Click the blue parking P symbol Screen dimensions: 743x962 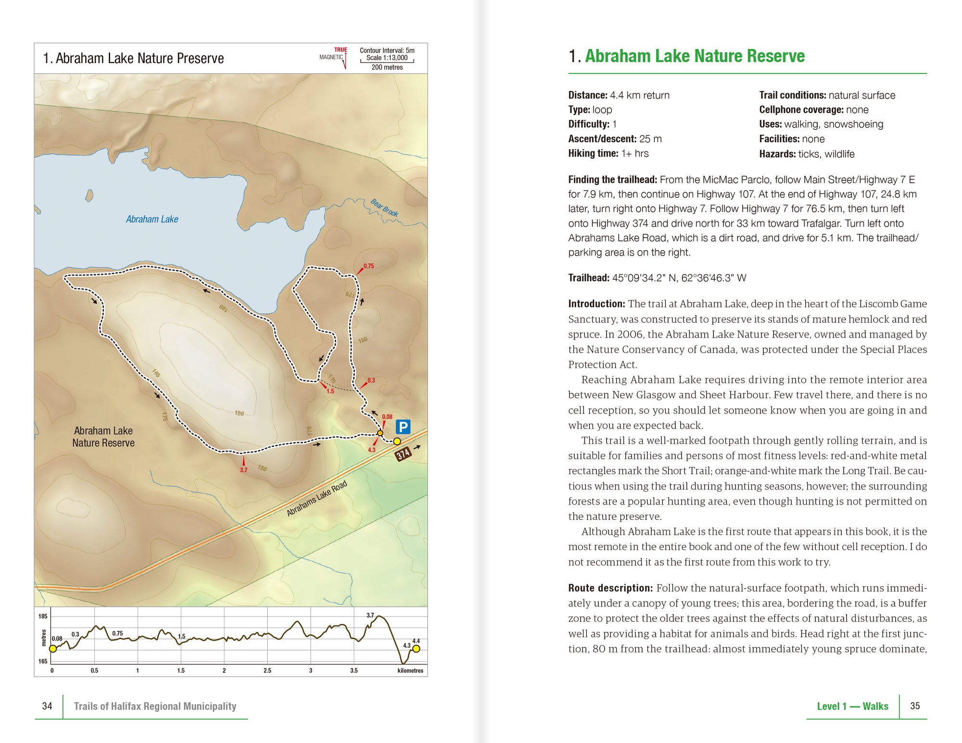403,427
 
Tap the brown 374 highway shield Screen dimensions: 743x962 403,453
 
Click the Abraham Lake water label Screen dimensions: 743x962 152,219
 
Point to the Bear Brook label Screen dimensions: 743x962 384,207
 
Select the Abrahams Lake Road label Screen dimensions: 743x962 316,499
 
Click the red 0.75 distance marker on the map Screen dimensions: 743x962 368,266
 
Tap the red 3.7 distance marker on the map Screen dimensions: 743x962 243,470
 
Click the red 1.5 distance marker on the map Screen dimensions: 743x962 330,391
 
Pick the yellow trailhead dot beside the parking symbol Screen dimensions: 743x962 397,441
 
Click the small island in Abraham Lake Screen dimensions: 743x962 89,195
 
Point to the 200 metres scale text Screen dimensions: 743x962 387,67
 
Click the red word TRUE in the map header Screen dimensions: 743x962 341,50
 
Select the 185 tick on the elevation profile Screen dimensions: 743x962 43,616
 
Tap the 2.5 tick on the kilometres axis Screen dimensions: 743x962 267,670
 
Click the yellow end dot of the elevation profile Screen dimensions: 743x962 416,649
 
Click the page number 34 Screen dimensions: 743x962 47,706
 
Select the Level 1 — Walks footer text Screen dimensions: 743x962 852,706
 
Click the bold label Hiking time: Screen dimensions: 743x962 593,153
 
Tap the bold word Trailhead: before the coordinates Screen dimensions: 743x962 588,278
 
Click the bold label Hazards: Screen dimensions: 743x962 777,154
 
